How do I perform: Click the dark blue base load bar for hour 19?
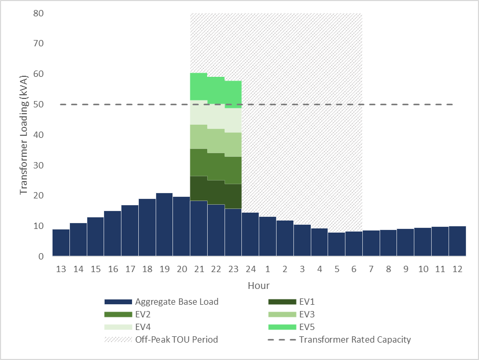pos(165,225)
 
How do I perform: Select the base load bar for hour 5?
pos(337,244)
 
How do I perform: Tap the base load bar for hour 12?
pos(457,242)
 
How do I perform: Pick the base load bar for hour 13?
pos(61,243)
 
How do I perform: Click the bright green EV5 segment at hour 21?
pos(199,86)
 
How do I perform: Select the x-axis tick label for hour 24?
pos(250,269)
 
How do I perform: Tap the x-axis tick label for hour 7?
pos(371,269)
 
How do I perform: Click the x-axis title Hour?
pos(259,286)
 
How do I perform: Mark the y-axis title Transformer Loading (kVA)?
pos(24,134)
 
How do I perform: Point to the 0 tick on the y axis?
pos(39,256)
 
